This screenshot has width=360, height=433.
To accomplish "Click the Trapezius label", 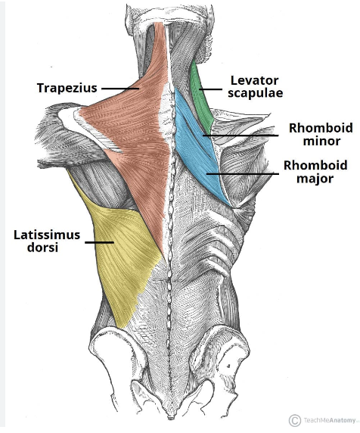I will click(67, 89).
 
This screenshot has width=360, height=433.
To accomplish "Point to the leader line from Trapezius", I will click(119, 89).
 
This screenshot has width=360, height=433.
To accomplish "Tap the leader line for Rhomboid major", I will click(243, 174).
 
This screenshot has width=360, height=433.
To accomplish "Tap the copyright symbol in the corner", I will click(294, 419).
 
